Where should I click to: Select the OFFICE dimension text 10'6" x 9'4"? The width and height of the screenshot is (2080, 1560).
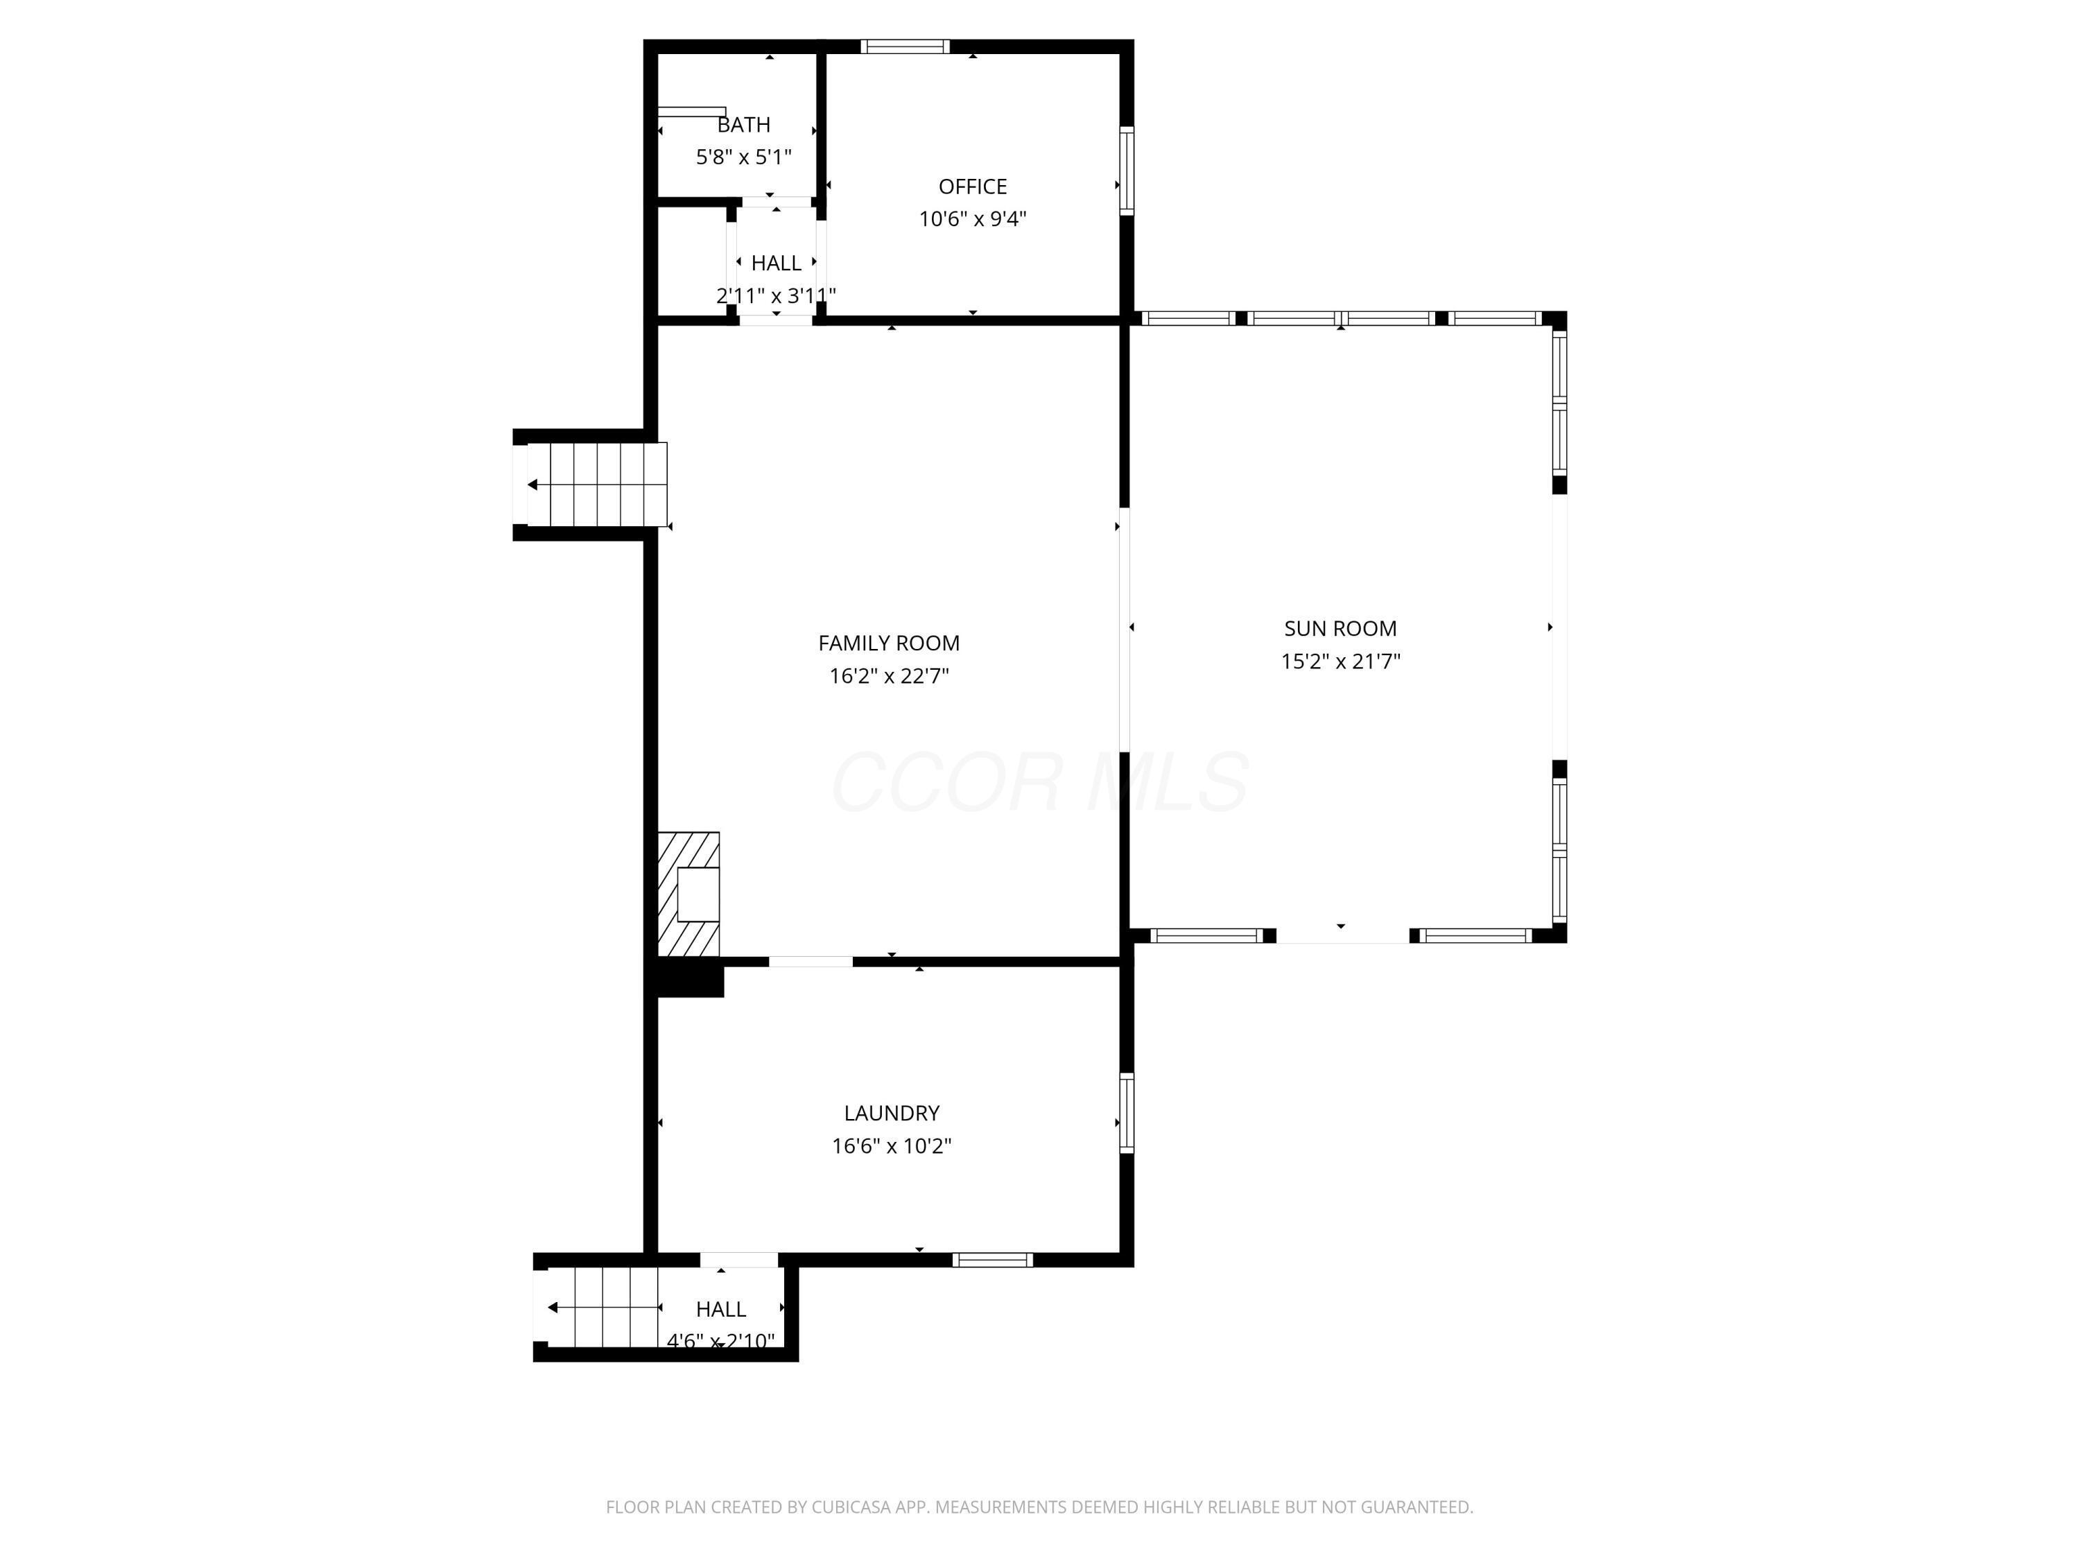click(x=972, y=219)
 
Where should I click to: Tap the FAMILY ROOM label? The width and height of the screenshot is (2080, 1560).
click(x=889, y=643)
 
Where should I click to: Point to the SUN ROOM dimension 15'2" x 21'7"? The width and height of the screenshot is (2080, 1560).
click(x=1340, y=661)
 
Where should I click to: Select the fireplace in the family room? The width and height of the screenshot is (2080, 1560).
click(x=689, y=893)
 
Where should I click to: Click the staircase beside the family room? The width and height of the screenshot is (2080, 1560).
click(x=597, y=484)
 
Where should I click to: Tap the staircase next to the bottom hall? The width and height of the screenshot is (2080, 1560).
click(x=602, y=1307)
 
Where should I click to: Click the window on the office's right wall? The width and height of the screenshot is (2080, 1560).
click(x=1127, y=171)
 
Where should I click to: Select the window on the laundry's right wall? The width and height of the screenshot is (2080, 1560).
click(x=1127, y=1112)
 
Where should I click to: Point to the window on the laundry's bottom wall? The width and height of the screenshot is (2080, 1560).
click(x=992, y=1260)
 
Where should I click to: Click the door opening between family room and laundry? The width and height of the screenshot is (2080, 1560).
click(x=811, y=961)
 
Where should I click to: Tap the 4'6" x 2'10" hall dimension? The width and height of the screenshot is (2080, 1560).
click(x=720, y=1341)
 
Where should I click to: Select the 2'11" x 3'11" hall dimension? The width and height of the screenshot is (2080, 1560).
click(x=776, y=296)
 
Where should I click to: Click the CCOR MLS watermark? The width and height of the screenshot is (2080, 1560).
click(x=1040, y=782)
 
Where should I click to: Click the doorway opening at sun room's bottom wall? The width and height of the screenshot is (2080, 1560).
click(x=1342, y=935)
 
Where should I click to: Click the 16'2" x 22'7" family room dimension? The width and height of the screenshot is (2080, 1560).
click(x=889, y=676)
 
